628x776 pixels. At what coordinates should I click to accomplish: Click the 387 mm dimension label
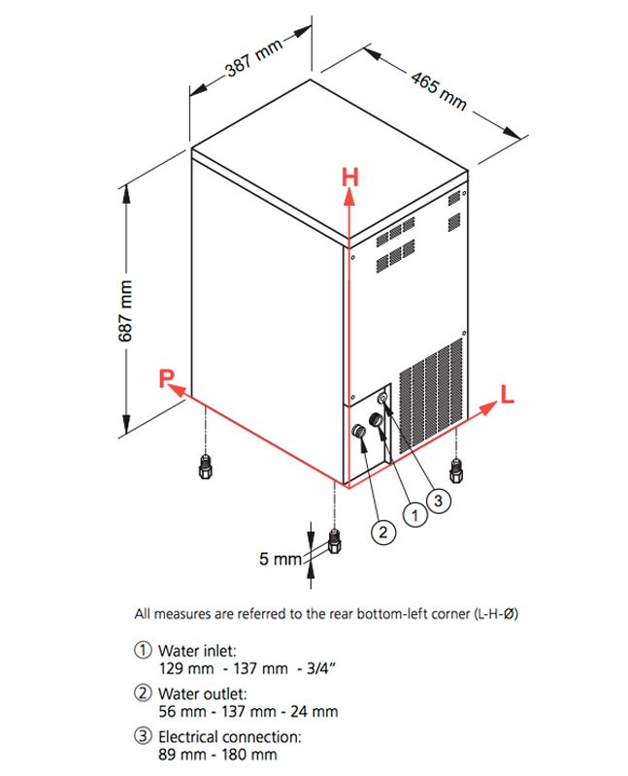[x=254, y=57]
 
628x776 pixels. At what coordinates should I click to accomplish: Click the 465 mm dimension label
[x=440, y=91]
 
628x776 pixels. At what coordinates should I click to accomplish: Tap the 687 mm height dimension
[x=125, y=310]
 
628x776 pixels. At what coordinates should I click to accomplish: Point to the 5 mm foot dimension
[x=281, y=559]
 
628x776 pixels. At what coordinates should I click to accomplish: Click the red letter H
[x=350, y=178]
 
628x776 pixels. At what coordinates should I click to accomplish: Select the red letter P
[x=166, y=378]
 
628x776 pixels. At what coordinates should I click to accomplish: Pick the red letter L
[x=507, y=394]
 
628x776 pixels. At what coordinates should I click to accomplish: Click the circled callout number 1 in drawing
[x=415, y=516]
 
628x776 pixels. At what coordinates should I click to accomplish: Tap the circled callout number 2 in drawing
[x=383, y=532]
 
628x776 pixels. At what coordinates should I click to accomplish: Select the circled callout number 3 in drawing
[x=438, y=501]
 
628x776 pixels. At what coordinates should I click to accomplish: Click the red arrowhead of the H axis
[x=349, y=197]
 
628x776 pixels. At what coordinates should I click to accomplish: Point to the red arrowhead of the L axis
[x=488, y=407]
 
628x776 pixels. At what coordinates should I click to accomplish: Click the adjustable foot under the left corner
[x=205, y=467]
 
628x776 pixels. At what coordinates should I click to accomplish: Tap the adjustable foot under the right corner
[x=456, y=470]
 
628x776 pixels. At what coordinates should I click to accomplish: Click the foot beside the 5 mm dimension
[x=335, y=541]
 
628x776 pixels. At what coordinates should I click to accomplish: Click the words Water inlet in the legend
[x=197, y=650]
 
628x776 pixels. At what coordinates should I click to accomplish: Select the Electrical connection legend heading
[x=230, y=737]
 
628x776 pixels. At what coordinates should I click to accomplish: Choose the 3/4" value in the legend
[x=321, y=668]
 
